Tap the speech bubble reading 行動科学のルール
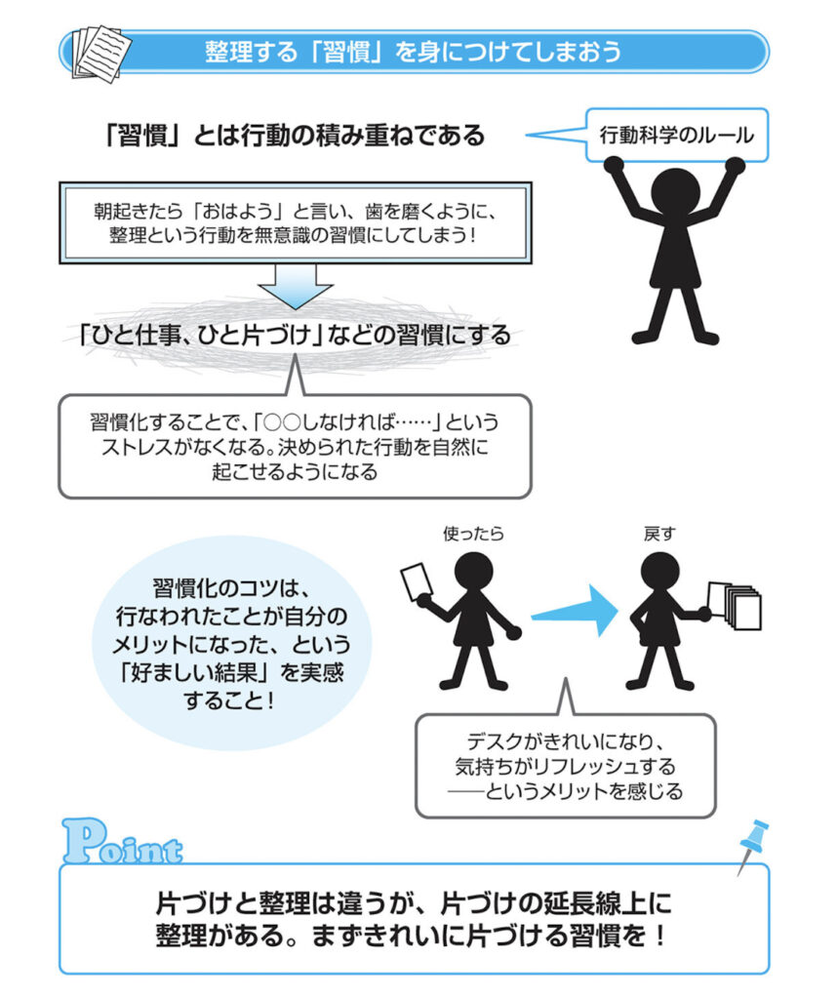[675, 135]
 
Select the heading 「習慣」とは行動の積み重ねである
[294, 136]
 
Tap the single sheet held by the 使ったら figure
[417, 582]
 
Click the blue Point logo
[121, 845]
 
